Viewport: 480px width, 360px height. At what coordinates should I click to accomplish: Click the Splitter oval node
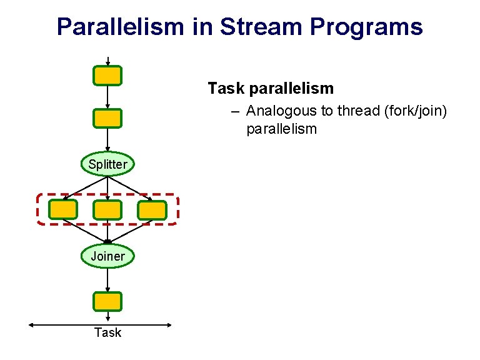(107, 164)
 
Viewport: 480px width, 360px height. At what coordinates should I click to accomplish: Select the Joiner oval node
(107, 256)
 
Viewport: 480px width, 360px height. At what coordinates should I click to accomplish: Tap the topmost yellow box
(107, 76)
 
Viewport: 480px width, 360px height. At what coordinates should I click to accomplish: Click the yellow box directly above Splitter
(107, 118)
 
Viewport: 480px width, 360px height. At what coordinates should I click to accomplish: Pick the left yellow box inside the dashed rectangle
(63, 210)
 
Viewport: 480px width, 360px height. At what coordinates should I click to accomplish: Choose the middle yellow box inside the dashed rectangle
(107, 210)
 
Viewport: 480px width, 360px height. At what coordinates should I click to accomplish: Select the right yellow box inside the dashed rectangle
(152, 210)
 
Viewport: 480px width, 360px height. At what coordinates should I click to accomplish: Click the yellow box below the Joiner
(107, 302)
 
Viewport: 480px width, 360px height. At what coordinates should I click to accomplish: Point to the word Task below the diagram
(107, 332)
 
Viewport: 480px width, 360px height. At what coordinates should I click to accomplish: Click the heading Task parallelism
(271, 88)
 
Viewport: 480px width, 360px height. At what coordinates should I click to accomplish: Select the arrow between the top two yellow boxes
(107, 97)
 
